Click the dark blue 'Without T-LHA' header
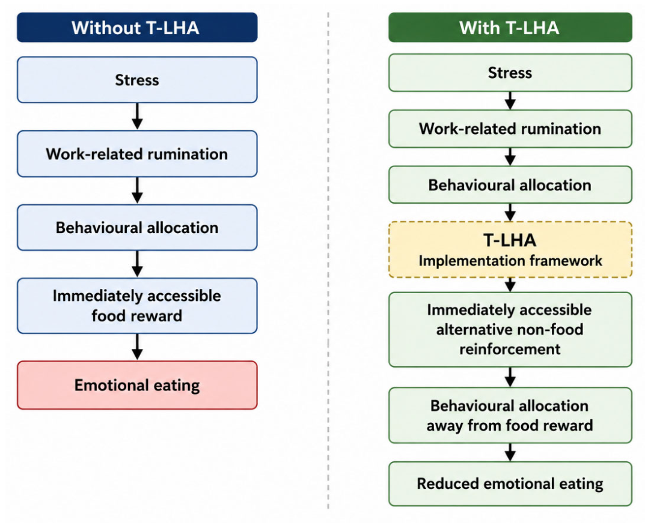(x=137, y=28)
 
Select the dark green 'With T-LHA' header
(x=510, y=28)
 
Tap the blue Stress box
(x=137, y=80)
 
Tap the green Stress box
(x=510, y=73)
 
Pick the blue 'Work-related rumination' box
(x=137, y=154)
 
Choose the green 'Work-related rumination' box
(x=510, y=129)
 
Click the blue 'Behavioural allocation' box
(x=137, y=228)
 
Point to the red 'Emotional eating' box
(x=137, y=385)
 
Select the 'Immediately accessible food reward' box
(x=137, y=306)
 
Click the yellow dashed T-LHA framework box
(x=510, y=250)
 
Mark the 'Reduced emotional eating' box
(x=510, y=484)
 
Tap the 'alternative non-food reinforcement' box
(x=510, y=330)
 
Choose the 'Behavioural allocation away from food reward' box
(x=510, y=416)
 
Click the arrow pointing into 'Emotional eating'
(x=138, y=347)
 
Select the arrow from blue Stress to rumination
(x=138, y=117)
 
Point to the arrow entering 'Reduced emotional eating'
(x=510, y=452)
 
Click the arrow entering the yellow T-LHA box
(x=510, y=213)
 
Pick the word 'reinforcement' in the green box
(x=510, y=349)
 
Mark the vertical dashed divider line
(x=328, y=261)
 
